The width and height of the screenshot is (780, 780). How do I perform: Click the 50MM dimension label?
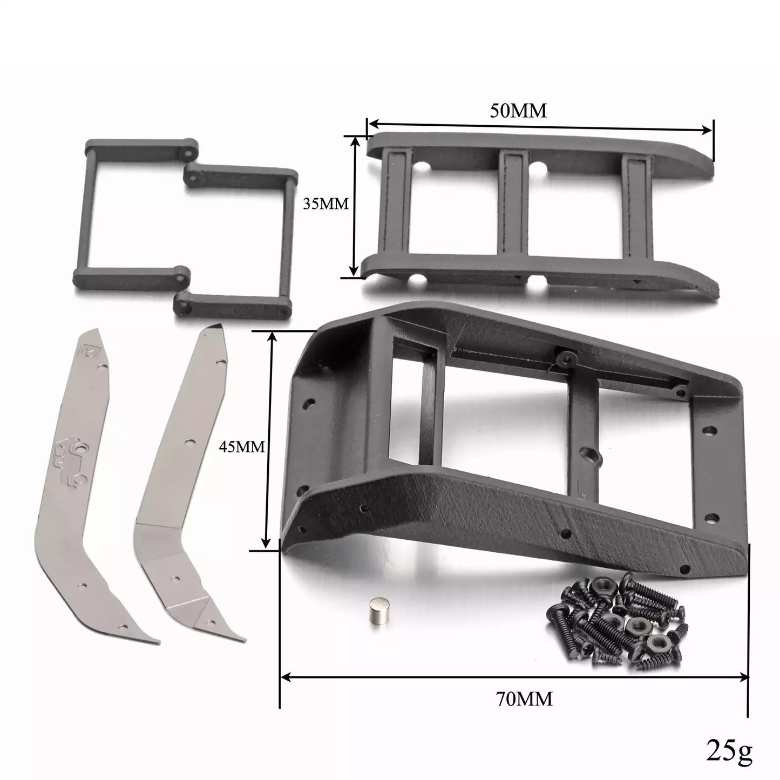click(518, 111)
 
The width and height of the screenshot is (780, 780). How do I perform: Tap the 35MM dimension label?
click(325, 204)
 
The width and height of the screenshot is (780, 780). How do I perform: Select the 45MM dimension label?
click(242, 446)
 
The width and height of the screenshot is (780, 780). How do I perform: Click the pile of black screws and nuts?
click(617, 621)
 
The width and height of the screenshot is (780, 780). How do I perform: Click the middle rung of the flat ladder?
click(514, 202)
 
